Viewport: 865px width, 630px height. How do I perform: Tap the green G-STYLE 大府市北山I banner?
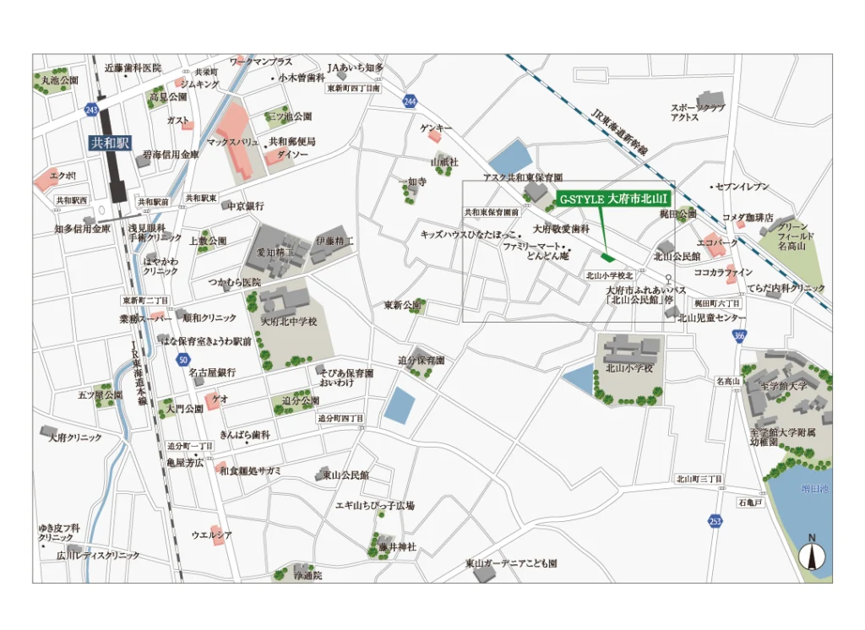(615, 200)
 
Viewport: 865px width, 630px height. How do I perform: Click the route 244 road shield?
(411, 101)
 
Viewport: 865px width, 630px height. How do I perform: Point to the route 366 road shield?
(739, 336)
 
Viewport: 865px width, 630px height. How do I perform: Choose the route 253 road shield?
(715, 520)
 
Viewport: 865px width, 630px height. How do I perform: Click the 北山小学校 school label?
(629, 368)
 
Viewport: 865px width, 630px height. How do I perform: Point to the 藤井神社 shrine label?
(392, 547)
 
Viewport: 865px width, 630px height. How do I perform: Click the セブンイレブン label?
(743, 186)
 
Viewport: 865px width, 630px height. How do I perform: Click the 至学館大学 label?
(784, 385)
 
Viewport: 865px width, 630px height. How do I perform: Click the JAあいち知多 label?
(356, 68)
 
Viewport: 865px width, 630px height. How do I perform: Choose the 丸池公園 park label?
(60, 80)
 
